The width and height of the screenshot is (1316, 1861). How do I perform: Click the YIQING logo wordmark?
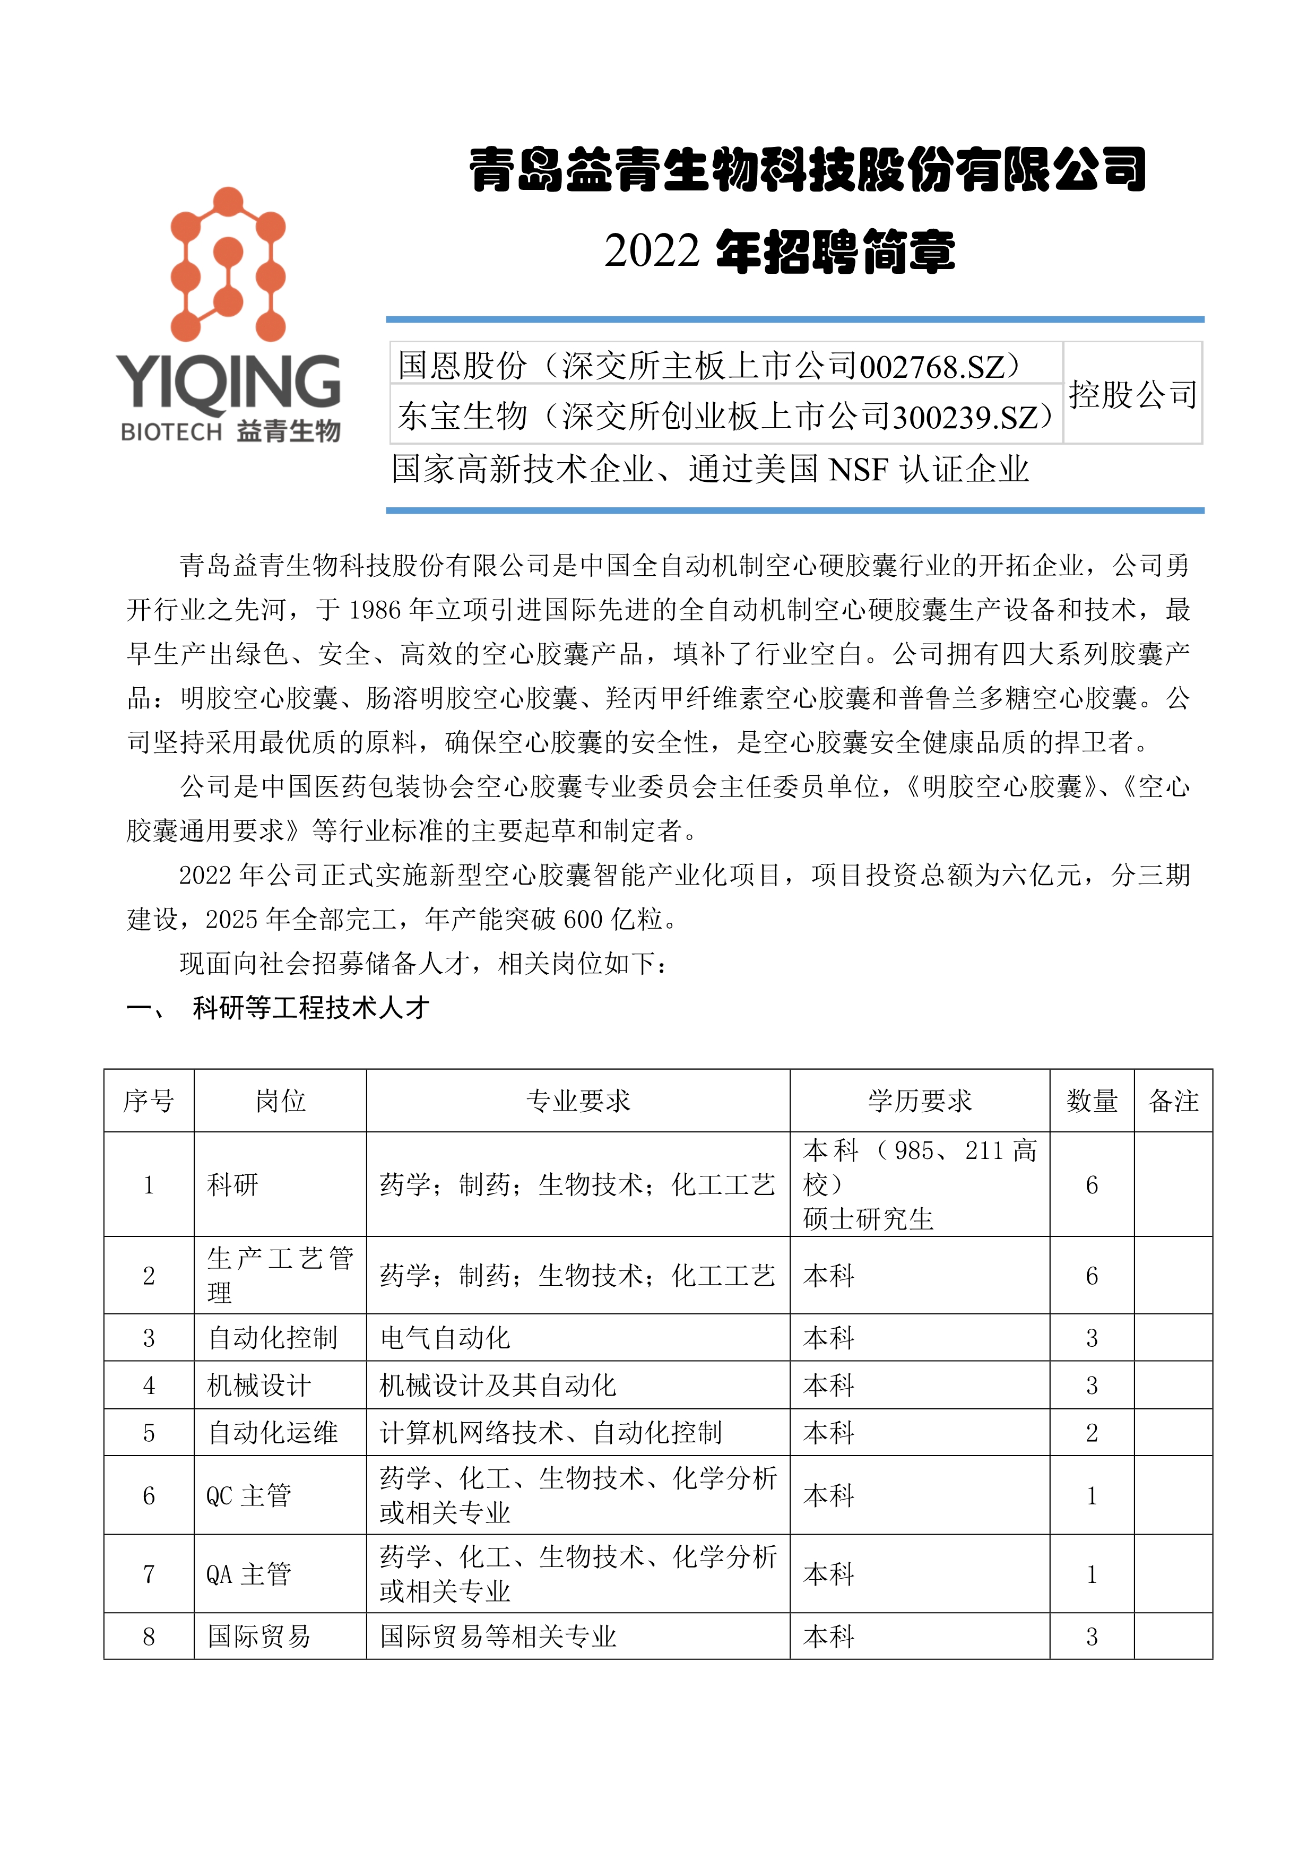[229, 381]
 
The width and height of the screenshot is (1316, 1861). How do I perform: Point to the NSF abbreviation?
[858, 469]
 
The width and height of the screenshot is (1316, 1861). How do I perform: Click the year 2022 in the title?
[652, 250]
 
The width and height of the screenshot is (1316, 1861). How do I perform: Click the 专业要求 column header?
[578, 1101]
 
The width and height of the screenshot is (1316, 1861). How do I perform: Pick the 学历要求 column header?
[920, 1101]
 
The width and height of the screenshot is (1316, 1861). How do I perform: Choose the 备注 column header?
[1173, 1101]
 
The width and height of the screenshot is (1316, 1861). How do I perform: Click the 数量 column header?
[1092, 1101]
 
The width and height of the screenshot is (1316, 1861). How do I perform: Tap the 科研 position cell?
[233, 1185]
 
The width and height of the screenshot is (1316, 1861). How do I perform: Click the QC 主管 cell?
[249, 1495]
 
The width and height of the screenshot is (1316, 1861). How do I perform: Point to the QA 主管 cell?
[249, 1574]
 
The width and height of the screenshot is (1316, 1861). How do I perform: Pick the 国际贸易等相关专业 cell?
[498, 1637]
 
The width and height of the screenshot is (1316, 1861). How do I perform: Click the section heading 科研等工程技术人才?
[311, 1008]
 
